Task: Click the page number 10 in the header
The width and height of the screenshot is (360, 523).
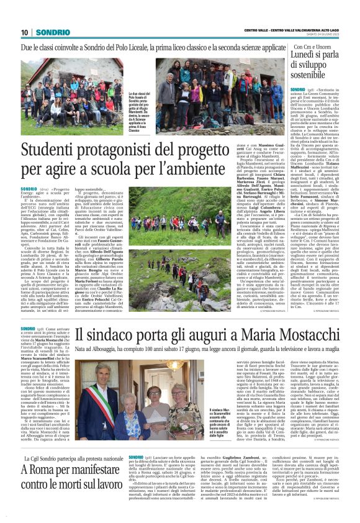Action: coord(25,32)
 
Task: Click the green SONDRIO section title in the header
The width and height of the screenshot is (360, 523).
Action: coord(52,32)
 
